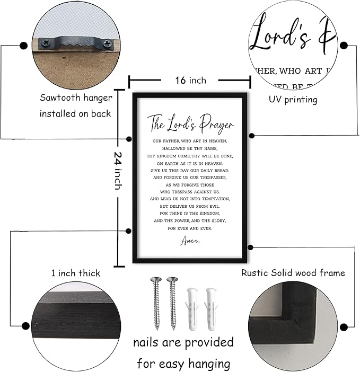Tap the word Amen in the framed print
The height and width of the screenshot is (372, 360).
tap(189, 241)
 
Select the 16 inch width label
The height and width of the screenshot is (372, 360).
tap(190, 81)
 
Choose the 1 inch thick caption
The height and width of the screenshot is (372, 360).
tap(75, 273)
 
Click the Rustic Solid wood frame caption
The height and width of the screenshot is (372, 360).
tap(293, 273)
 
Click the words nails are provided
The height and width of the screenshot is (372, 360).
tap(183, 342)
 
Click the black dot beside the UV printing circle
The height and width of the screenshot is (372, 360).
tap(344, 46)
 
